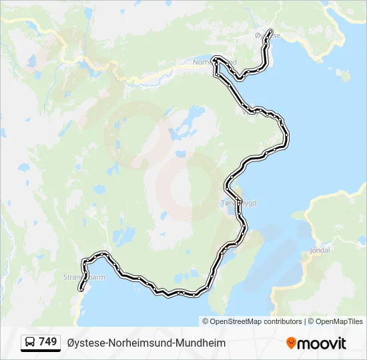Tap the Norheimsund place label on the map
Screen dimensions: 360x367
click(214, 62)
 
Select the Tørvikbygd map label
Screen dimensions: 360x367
click(238, 203)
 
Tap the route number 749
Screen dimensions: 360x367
click(48, 342)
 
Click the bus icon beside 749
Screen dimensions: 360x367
click(31, 343)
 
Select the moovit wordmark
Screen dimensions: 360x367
click(322, 343)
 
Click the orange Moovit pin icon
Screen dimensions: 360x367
click(291, 343)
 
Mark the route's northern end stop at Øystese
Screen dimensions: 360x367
click(270, 32)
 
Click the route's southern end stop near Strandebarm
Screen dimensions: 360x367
click(81, 289)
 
